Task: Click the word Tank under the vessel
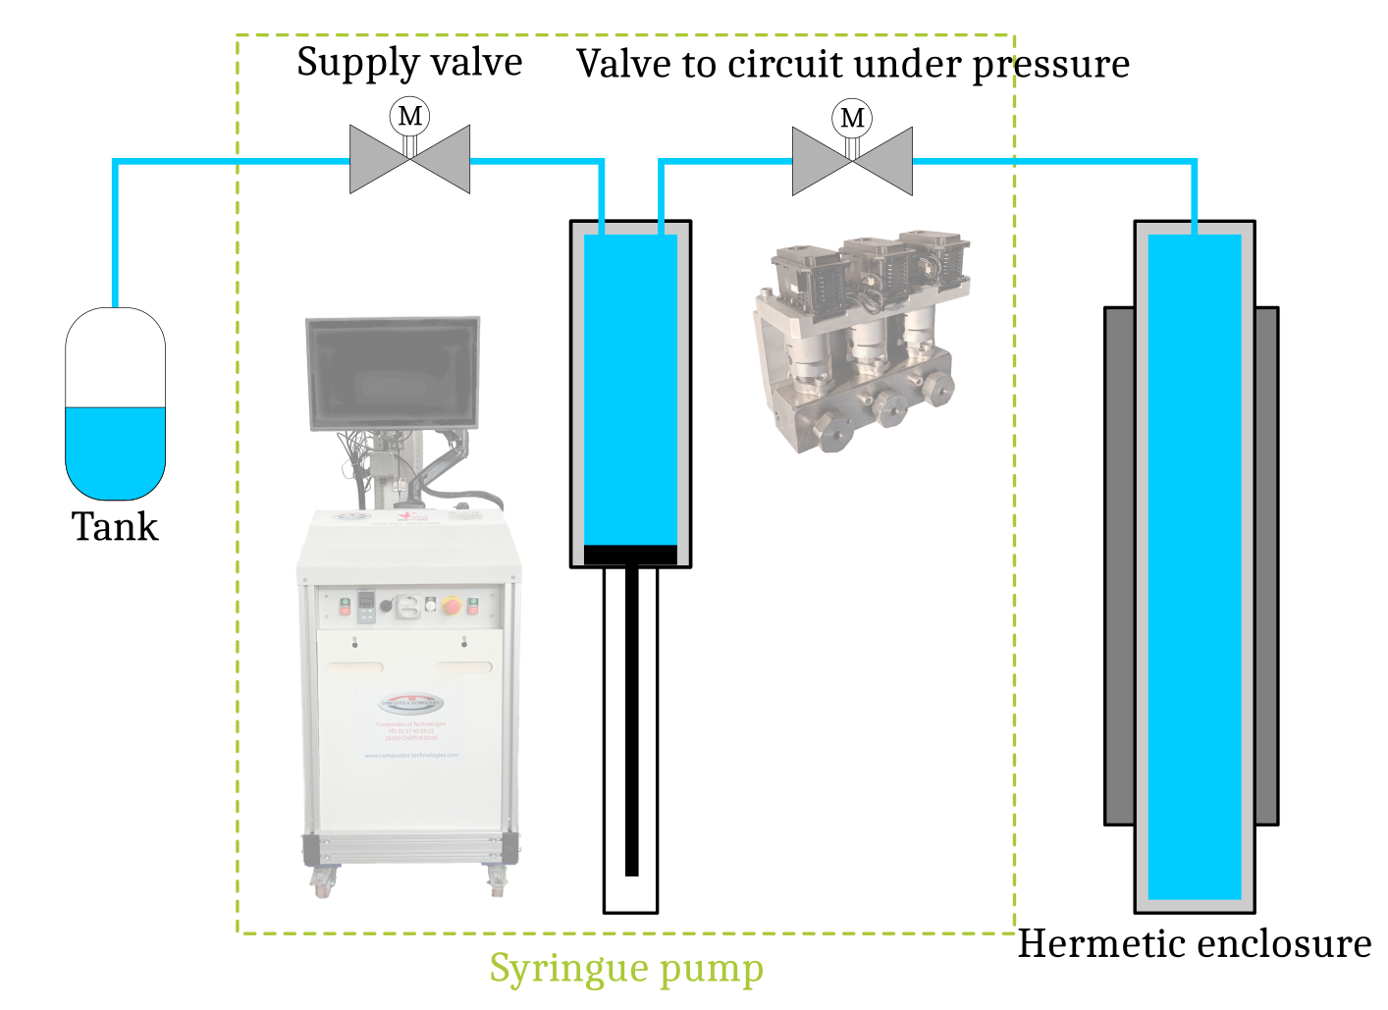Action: tap(115, 527)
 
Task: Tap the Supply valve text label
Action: tap(409, 63)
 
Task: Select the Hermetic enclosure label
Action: tap(1194, 943)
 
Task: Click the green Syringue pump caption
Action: tap(626, 969)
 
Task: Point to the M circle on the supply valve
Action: tap(410, 117)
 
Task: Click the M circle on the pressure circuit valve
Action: tap(852, 118)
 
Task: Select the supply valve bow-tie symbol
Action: tap(410, 160)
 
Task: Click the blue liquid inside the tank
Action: tap(115, 452)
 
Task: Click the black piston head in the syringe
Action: tap(630, 556)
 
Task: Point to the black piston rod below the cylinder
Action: tap(631, 726)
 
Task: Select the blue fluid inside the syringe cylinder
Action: tap(630, 393)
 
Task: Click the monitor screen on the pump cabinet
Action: tap(393, 373)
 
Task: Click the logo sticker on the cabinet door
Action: tap(411, 704)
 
